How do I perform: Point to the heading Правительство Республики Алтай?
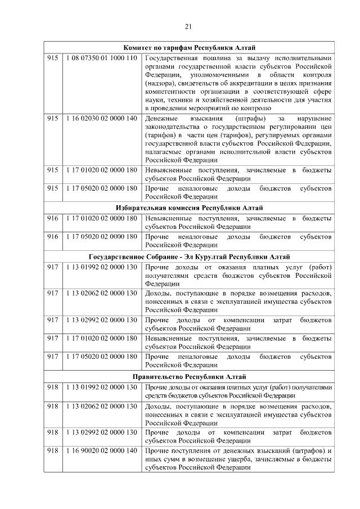(190, 377)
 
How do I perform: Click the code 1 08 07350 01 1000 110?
(101, 58)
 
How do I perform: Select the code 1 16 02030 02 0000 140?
(101, 119)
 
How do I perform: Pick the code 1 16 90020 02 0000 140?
(101, 451)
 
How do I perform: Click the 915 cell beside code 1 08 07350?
(53, 58)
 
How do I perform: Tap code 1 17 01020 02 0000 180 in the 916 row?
(101, 218)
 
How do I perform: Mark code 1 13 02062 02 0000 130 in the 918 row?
(101, 407)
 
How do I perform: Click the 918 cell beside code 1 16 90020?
(53, 451)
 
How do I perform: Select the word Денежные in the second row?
(161, 119)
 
